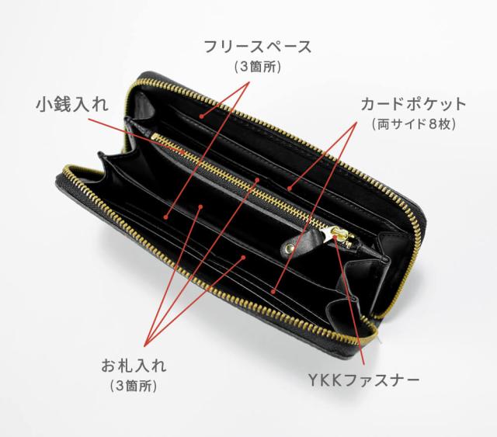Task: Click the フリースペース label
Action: click(256, 47)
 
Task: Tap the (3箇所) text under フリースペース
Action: click(256, 68)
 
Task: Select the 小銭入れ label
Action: click(71, 104)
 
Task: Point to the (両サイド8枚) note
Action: click(412, 124)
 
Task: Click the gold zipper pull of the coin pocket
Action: click(340, 236)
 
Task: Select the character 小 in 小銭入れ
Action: click(44, 104)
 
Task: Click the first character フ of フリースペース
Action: click(209, 47)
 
